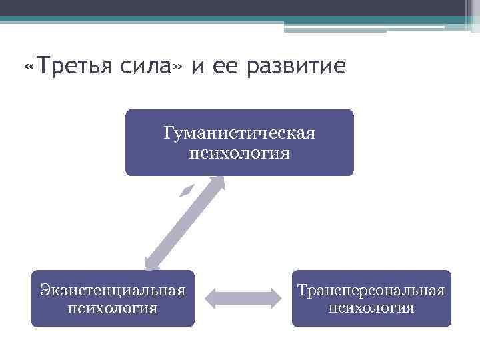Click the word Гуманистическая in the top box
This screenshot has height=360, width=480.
coord(239,134)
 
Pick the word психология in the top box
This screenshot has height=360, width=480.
coord(239,154)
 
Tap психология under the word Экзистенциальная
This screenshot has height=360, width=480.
coord(112,309)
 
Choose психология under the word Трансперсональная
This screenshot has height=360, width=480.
coord(371,309)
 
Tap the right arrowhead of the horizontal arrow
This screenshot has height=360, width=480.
coord(273,298)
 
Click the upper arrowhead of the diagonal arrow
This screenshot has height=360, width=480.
coord(217,182)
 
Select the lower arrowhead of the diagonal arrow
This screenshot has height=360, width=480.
coord(152,263)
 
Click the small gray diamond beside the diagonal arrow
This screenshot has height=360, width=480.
coord(188,190)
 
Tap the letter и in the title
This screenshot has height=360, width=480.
coord(199,67)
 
